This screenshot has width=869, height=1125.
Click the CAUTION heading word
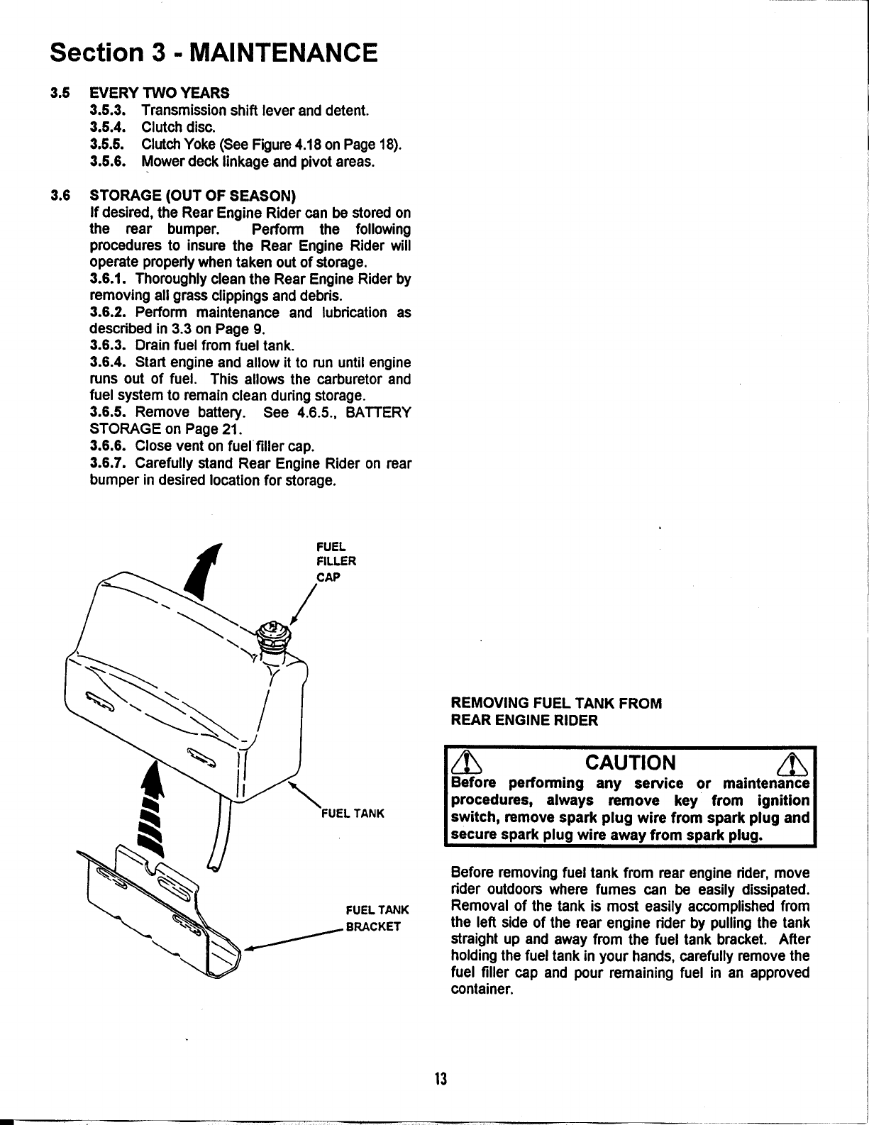point(630,763)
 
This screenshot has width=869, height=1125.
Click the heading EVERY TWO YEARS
point(160,93)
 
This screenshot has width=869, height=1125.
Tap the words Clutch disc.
point(174,128)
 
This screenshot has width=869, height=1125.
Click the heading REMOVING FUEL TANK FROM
point(556,703)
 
